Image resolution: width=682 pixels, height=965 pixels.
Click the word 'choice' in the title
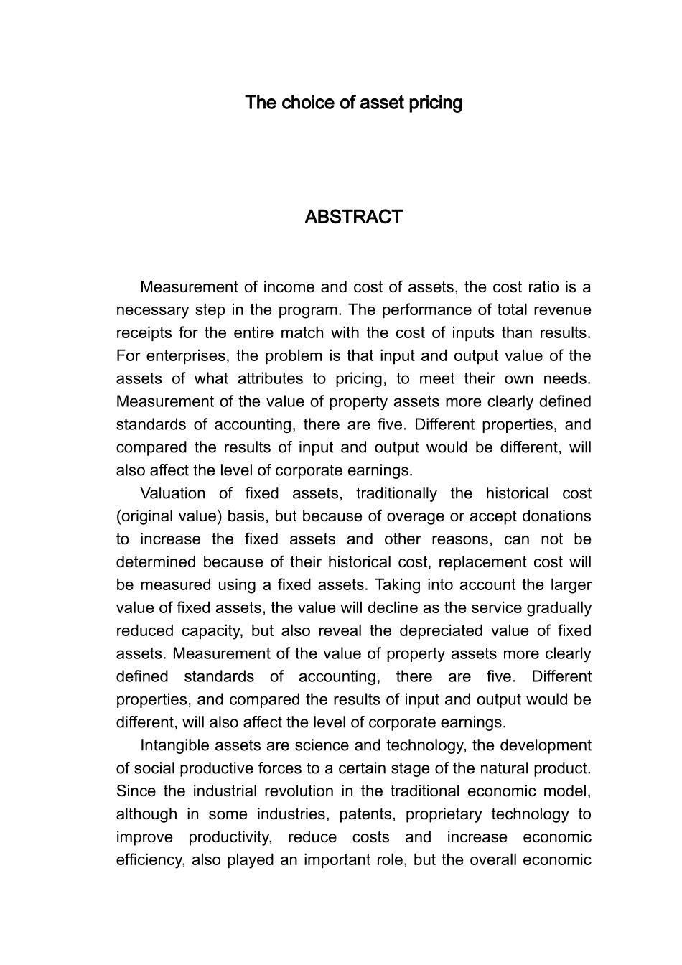tap(308, 103)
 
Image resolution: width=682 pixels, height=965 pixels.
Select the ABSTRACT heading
tap(353, 217)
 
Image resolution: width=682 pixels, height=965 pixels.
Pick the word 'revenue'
tap(561, 310)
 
